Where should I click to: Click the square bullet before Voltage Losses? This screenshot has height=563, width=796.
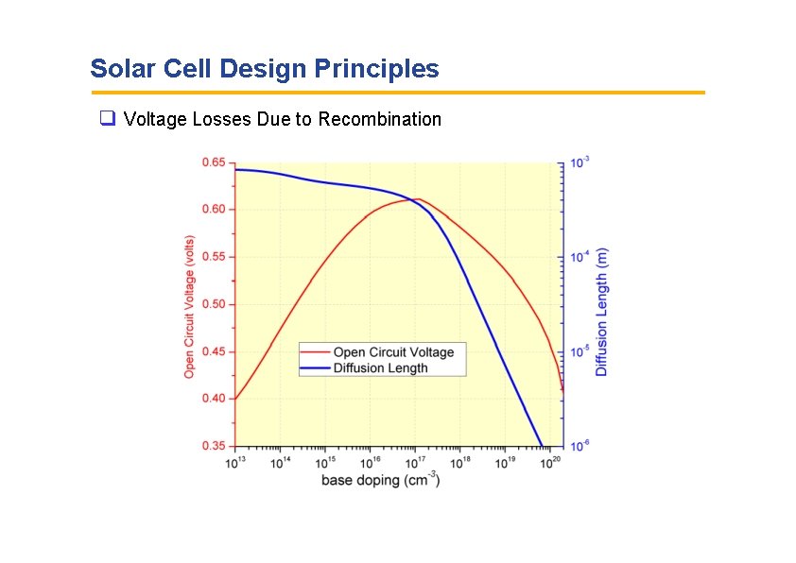point(107,119)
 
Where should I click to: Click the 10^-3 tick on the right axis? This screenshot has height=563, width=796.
point(580,162)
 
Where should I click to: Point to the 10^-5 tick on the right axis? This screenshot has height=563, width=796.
point(580,351)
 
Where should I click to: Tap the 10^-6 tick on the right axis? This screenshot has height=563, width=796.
point(580,446)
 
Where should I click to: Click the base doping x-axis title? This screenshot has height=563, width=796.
point(380,480)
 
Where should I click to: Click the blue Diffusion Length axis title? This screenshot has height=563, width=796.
point(602,312)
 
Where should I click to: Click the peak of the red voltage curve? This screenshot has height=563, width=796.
point(415,199)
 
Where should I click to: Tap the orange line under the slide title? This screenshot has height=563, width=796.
point(397,93)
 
